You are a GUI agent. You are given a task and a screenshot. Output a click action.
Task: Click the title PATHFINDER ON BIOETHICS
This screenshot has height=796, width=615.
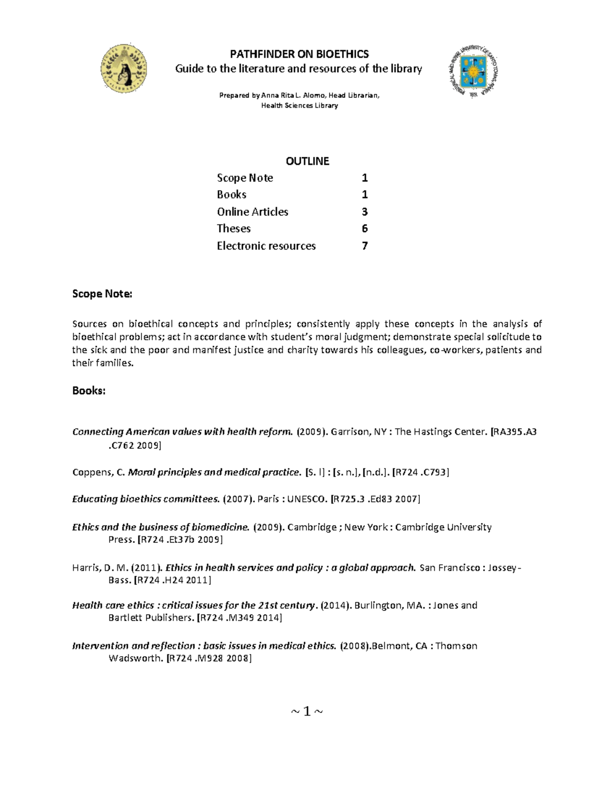click(299, 54)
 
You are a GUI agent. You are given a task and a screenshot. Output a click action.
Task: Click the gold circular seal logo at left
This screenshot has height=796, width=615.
click(124, 68)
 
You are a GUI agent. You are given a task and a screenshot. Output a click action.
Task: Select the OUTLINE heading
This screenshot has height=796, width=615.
click(307, 161)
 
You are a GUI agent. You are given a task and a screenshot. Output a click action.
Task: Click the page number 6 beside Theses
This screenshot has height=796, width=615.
click(364, 229)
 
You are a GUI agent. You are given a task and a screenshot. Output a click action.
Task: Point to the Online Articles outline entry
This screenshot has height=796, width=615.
click(252, 212)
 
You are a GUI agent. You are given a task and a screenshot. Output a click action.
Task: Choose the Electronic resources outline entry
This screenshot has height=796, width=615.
click(266, 246)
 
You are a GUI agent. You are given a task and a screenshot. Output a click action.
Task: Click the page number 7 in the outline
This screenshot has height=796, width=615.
click(364, 246)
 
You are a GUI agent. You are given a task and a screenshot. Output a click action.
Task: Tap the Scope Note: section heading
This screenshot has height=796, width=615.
click(102, 294)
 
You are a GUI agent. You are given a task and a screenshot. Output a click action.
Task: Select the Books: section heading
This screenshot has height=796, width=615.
click(89, 391)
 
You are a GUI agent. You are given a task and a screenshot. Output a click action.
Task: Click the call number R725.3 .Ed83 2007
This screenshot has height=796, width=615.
click(375, 499)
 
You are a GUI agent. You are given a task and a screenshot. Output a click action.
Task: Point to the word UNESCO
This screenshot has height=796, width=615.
click(306, 499)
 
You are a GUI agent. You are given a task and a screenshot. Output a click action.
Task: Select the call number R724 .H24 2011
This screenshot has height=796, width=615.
click(172, 580)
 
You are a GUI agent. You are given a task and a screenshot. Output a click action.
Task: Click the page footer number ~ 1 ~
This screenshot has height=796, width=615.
click(307, 711)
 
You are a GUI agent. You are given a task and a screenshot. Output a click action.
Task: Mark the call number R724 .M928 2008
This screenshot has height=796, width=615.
click(209, 659)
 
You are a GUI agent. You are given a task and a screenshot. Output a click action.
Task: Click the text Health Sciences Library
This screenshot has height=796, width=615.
click(299, 106)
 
